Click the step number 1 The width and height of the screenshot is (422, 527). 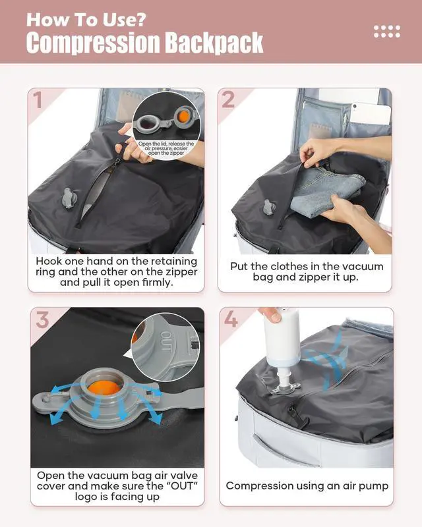[38, 100]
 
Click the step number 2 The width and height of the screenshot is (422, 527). [228, 100]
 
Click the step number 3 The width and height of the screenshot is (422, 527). [42, 321]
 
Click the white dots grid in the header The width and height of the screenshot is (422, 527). [386, 31]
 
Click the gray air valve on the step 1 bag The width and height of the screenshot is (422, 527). [69, 198]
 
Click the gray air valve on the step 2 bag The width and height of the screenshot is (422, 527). [268, 206]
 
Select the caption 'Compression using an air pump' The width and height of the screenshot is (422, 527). [307, 486]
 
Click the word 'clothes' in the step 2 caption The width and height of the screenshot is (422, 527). [278, 267]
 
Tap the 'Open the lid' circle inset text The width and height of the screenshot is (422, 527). [166, 148]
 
